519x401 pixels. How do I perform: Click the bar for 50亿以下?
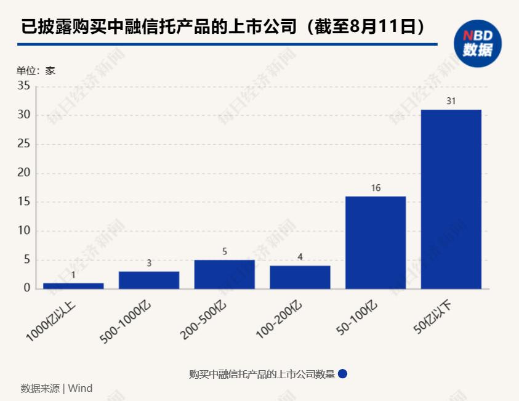(x=451, y=199)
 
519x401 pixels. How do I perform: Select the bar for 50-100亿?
(x=376, y=242)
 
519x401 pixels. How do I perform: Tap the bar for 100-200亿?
(x=300, y=277)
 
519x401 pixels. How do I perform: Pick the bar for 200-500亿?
(x=224, y=274)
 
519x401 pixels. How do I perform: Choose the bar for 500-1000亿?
(x=149, y=280)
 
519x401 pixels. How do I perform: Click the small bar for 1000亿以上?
(x=73, y=286)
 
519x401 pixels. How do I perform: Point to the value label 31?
(x=451, y=101)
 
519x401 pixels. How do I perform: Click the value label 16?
(x=376, y=188)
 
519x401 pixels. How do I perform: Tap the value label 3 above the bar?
(x=149, y=263)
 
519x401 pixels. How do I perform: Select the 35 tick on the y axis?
(x=23, y=86)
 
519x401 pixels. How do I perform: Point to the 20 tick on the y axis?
(x=23, y=173)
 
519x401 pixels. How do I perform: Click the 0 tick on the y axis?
(x=26, y=288)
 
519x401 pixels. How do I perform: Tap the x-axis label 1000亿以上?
(x=52, y=319)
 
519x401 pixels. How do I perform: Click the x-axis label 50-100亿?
(x=357, y=318)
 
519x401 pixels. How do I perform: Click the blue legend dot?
(x=343, y=374)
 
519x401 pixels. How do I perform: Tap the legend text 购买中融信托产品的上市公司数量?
(x=262, y=374)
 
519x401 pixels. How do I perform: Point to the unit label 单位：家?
(x=36, y=70)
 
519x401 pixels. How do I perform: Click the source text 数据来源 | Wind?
(x=56, y=388)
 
